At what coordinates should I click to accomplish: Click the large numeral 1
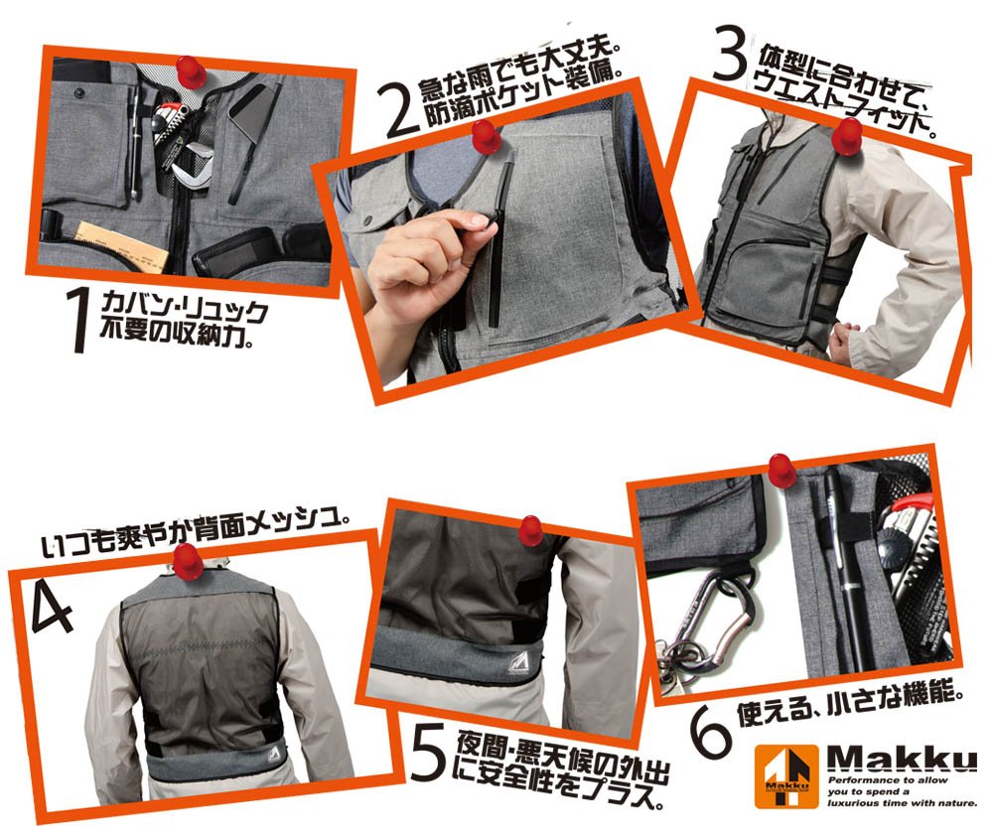tap(79, 320)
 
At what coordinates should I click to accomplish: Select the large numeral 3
tap(729, 54)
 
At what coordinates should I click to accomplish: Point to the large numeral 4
tap(51, 608)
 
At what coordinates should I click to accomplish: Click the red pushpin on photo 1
tap(191, 70)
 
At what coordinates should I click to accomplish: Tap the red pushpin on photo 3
tap(846, 136)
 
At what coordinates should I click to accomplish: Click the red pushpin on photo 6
tap(780, 470)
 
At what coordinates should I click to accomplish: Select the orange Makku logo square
tap(787, 775)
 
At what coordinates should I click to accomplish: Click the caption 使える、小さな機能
tap(850, 702)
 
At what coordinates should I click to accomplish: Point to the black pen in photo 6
tap(846, 570)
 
